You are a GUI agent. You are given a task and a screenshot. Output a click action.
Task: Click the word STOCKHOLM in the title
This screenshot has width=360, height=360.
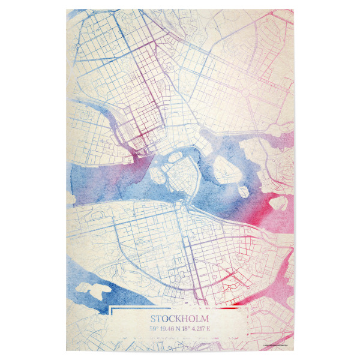[180, 319]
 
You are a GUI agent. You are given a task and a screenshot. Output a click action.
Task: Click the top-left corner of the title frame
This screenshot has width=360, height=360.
[112, 308]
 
